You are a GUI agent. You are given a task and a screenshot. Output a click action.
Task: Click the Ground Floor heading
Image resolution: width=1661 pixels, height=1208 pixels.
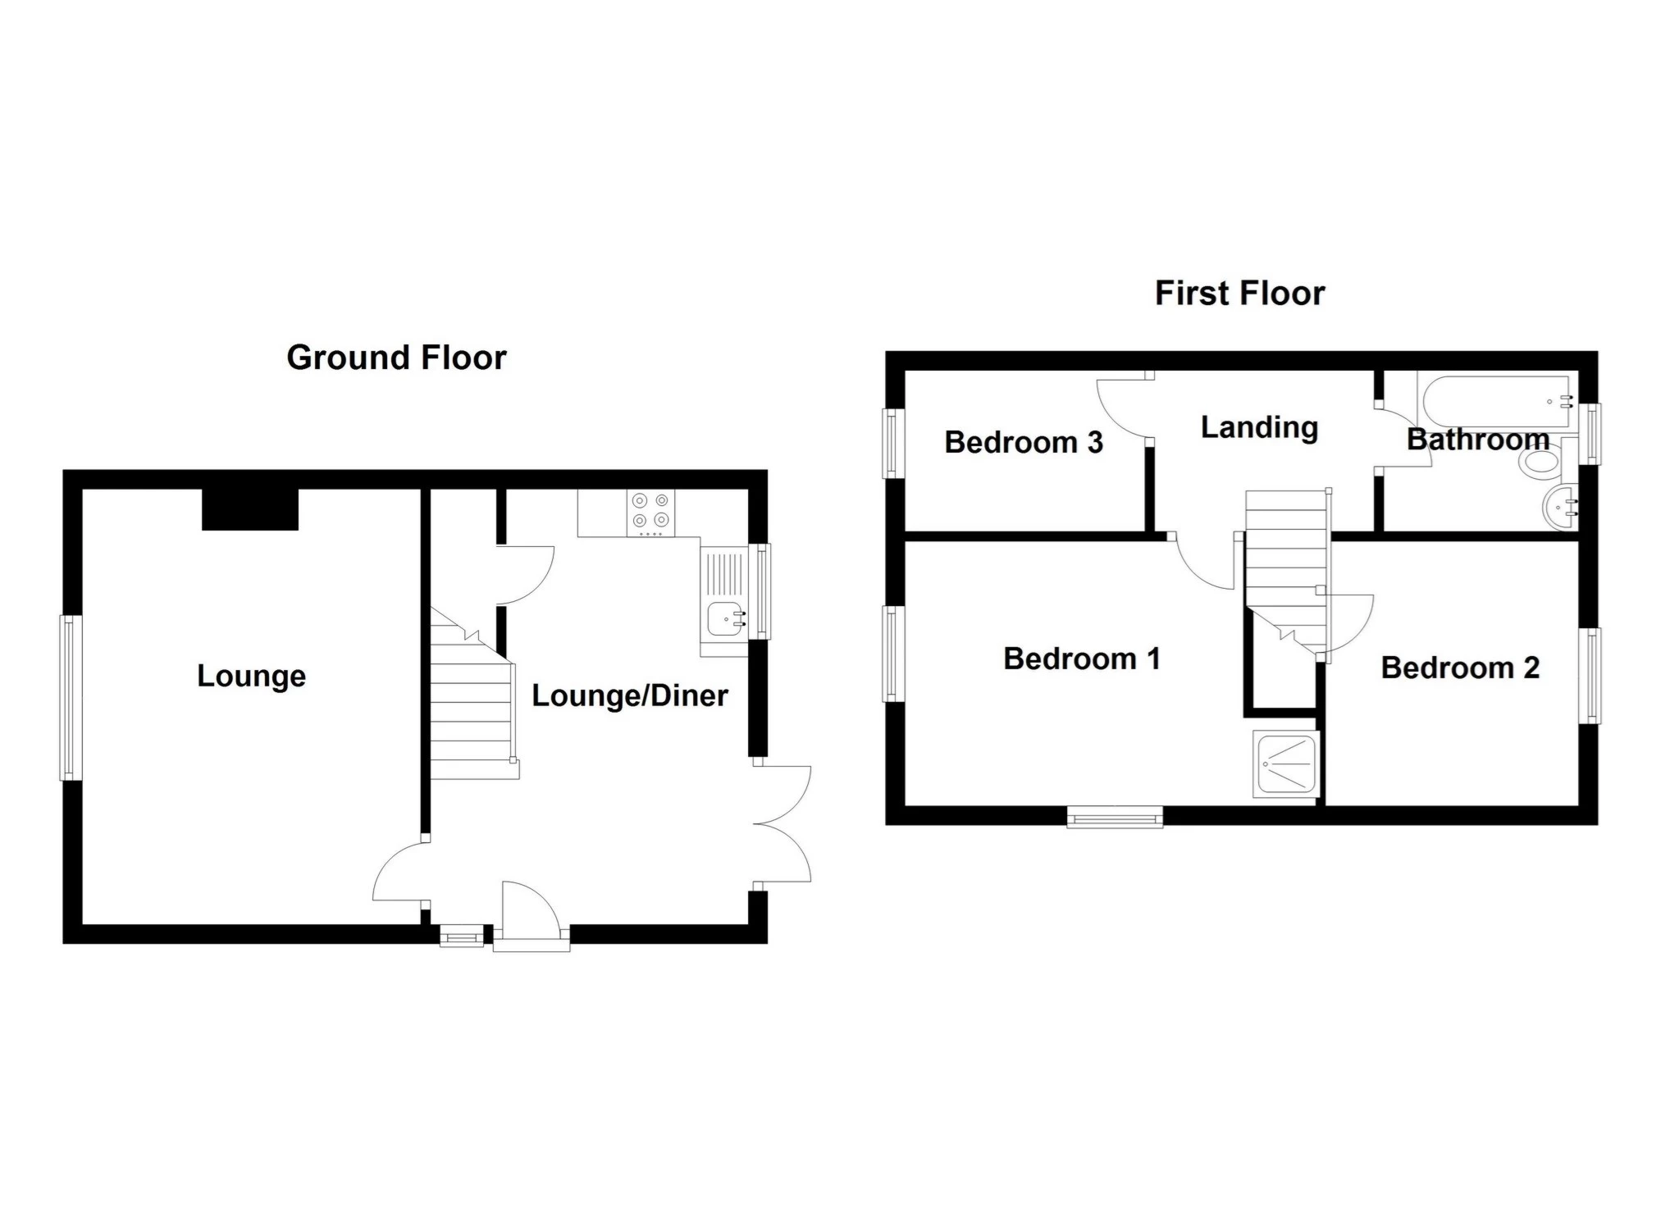pyautogui.click(x=396, y=358)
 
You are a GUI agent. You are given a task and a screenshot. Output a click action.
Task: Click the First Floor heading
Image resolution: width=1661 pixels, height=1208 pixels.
pyautogui.click(x=1239, y=294)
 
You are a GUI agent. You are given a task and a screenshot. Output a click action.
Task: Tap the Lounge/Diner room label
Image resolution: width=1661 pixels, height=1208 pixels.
pyautogui.click(x=630, y=696)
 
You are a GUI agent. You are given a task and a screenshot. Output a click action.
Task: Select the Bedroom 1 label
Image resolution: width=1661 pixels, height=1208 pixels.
pyautogui.click(x=1082, y=659)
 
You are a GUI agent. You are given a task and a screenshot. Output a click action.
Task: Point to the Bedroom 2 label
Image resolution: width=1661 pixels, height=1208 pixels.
pyautogui.click(x=1460, y=668)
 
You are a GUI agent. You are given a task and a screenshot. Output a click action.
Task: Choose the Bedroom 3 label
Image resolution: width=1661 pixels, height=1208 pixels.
pyautogui.click(x=1024, y=442)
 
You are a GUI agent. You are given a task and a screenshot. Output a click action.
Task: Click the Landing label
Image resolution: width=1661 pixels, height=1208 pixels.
pyautogui.click(x=1259, y=427)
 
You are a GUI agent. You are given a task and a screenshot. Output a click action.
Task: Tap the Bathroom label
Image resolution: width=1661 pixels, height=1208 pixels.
pyautogui.click(x=1478, y=440)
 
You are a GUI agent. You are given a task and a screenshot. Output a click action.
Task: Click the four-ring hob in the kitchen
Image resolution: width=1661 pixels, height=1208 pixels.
pyautogui.click(x=651, y=513)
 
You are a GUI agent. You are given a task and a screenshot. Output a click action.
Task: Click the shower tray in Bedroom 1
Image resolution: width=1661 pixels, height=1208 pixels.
pyautogui.click(x=1285, y=765)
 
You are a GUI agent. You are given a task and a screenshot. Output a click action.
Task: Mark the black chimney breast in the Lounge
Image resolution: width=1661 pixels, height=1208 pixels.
pyautogui.click(x=250, y=509)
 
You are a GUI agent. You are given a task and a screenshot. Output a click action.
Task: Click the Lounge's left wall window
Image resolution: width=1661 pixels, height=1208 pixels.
pyautogui.click(x=71, y=698)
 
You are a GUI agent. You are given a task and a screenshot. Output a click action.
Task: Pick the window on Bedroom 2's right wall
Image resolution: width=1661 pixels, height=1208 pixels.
pyautogui.click(x=1590, y=677)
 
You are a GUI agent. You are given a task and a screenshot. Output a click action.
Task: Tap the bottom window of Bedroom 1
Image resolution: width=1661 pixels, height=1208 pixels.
pyautogui.click(x=1116, y=816)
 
